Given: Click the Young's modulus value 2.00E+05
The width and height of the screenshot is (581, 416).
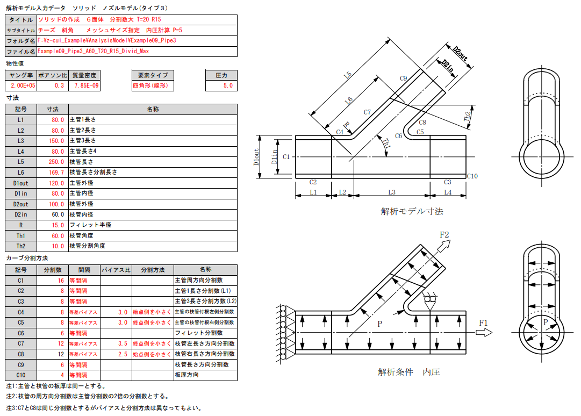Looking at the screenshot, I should tap(21, 86).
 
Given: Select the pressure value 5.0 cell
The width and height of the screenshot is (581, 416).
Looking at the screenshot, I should tap(221, 86).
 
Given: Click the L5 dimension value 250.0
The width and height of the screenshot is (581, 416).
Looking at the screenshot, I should tap(52, 162).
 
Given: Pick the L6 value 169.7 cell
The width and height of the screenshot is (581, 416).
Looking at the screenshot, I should tap(52, 173).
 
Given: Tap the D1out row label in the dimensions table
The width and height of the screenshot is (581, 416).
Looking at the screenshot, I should tap(21, 183).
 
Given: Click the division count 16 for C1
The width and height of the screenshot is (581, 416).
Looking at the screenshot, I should tap(52, 280).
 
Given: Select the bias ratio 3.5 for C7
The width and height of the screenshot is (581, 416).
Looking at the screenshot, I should tap(116, 343).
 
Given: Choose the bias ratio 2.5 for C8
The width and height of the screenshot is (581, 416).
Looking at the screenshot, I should tap(116, 354).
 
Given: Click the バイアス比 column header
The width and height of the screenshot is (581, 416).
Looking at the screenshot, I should tap(116, 270).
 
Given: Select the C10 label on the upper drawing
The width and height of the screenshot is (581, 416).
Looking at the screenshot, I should tap(472, 176).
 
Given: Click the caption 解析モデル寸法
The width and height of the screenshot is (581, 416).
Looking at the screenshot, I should tap(412, 211).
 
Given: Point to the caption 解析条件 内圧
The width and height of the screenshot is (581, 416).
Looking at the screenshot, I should tap(408, 372).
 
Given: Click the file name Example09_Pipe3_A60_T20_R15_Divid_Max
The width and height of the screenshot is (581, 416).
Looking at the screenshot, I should tap(94, 52).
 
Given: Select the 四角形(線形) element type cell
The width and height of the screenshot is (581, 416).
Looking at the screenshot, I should tap(150, 86).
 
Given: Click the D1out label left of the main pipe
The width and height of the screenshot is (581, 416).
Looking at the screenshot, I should tap(256, 156).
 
